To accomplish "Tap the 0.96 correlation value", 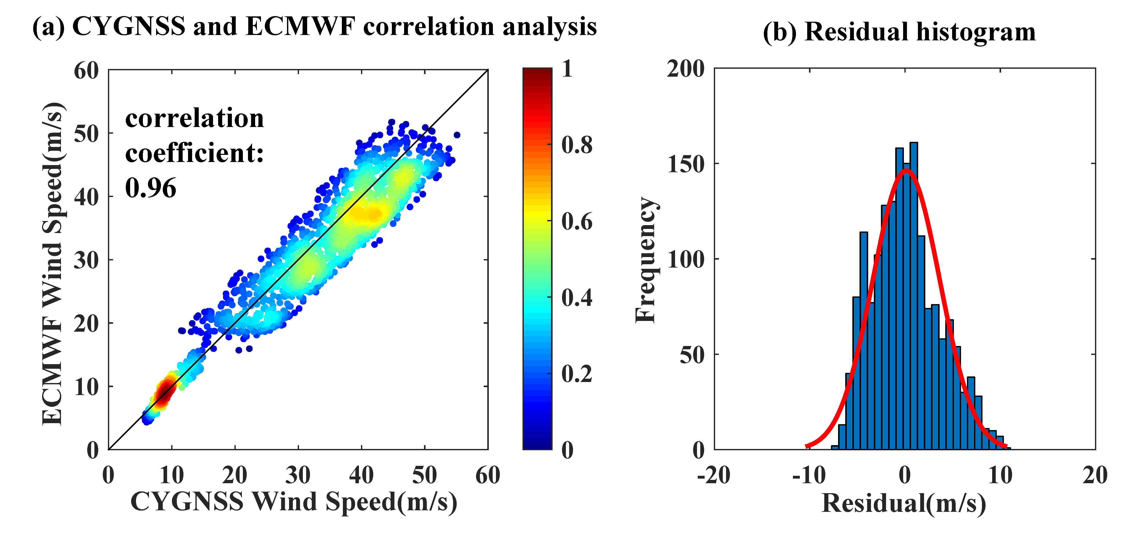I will coord(150,188).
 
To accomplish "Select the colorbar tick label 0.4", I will coord(577,297).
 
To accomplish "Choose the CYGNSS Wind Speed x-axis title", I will coord(294,502).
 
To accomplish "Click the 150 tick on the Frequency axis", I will coord(686,164).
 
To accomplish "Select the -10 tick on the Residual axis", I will coord(809,476).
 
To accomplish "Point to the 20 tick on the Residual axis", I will coord(1095,476).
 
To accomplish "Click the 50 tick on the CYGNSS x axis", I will coord(425,476).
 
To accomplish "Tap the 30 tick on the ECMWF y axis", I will coord(86,260).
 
